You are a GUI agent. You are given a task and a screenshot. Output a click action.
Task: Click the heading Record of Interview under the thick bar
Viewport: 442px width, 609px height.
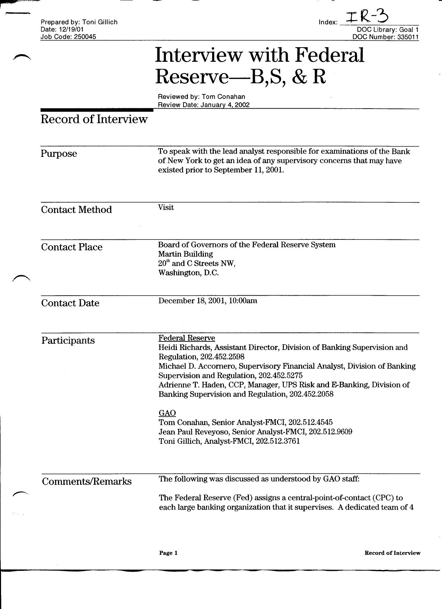coord(94,119)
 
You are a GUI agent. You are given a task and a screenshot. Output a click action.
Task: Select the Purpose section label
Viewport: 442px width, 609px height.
coord(59,154)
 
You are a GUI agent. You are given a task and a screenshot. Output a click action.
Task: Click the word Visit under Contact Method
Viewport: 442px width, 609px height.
coord(166,208)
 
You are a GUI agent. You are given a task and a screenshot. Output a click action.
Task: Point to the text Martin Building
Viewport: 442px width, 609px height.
coord(185,254)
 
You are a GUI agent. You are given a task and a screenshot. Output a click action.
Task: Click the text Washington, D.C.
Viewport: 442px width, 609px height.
coord(188,273)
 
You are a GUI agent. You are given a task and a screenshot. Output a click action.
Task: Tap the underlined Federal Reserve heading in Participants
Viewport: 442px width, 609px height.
coord(187,338)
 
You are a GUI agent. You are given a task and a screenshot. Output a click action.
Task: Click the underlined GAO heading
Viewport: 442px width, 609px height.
coord(167,413)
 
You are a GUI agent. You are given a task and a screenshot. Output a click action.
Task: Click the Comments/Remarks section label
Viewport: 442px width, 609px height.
coord(87,482)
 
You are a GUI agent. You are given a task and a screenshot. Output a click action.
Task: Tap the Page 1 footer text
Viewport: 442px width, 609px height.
coord(168,553)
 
